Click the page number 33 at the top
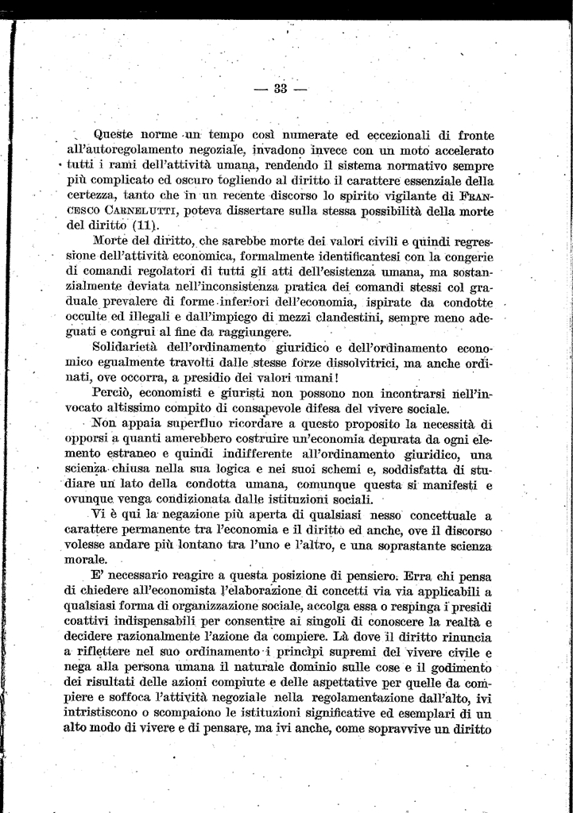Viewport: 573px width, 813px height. pos(280,88)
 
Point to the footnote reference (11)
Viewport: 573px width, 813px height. pos(145,224)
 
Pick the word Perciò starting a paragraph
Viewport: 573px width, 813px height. pos(115,393)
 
